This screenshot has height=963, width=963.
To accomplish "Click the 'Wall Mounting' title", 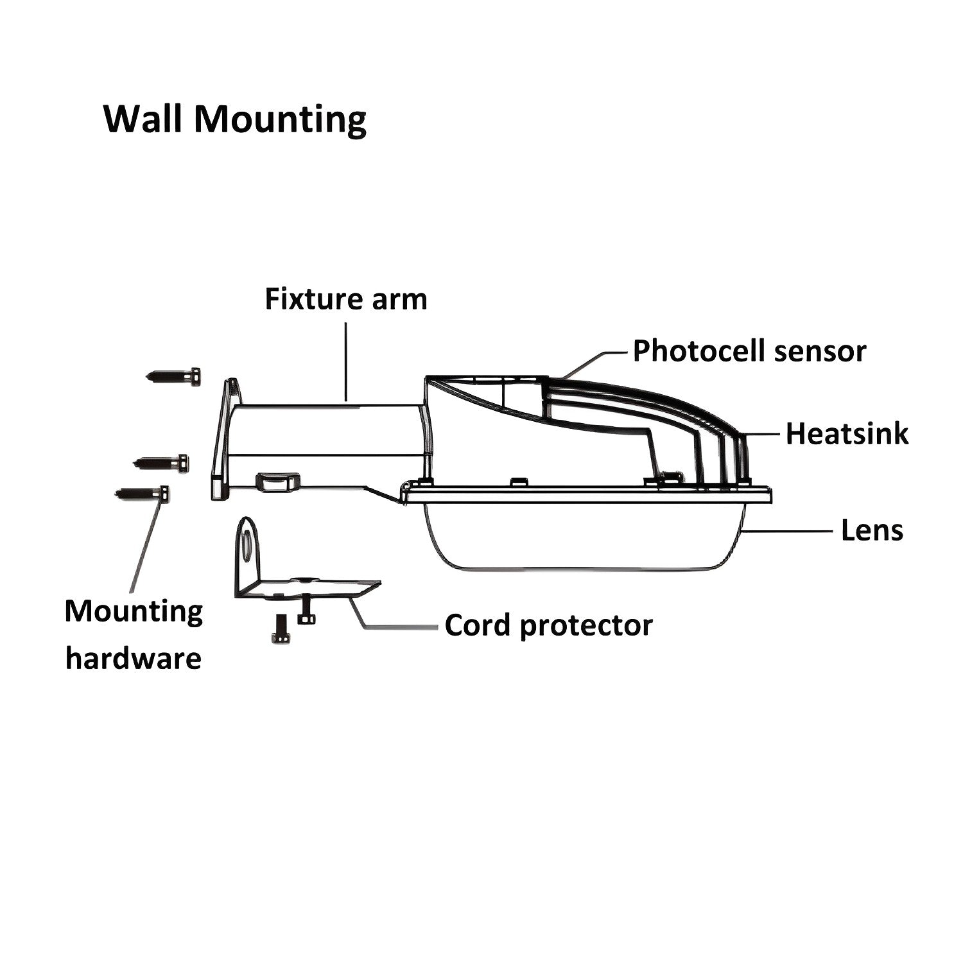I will (x=234, y=119).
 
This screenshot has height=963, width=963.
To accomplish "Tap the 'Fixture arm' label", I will (x=345, y=300).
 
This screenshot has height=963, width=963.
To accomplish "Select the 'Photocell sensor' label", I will (x=749, y=351).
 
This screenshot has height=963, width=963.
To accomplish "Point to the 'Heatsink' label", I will (x=847, y=434).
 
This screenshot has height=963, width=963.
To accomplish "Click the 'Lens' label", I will (x=872, y=530).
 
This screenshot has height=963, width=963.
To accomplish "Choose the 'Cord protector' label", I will (x=548, y=625).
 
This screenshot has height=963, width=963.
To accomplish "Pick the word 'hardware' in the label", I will (x=134, y=659).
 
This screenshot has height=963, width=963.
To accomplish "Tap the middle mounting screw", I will (x=161, y=462).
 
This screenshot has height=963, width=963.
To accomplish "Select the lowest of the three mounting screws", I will (x=143, y=494).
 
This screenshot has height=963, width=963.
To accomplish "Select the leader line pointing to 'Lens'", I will (x=790, y=531).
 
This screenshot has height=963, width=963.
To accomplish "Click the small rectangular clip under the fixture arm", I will (x=278, y=481).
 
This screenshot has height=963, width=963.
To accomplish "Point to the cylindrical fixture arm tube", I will (x=324, y=430).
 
